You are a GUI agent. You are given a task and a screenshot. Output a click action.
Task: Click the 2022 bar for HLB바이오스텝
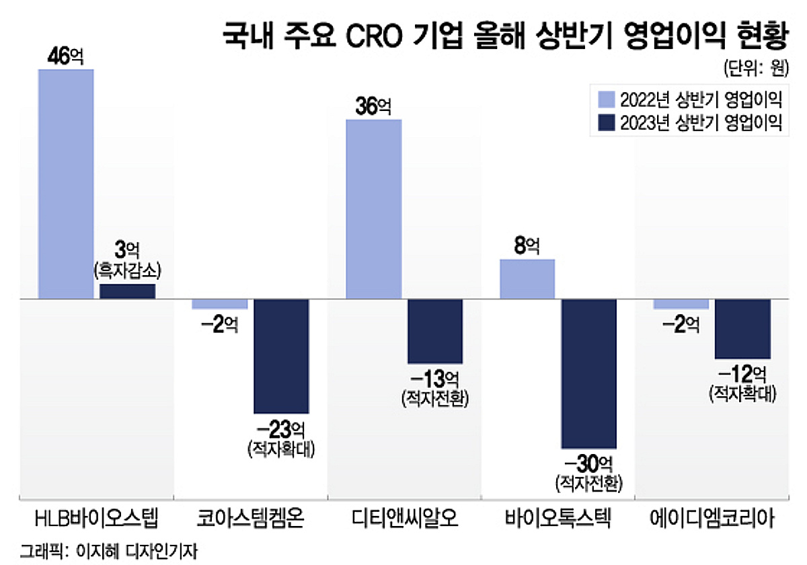pyautogui.click(x=66, y=184)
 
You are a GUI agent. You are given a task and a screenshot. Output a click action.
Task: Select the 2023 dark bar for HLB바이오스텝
pyautogui.click(x=127, y=291)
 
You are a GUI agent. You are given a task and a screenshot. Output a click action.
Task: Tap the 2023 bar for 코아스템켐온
pyautogui.click(x=281, y=356)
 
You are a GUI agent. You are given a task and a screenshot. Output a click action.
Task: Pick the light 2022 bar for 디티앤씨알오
pyautogui.click(x=373, y=209)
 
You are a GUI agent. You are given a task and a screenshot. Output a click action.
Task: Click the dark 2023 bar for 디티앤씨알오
pyautogui.click(x=435, y=331)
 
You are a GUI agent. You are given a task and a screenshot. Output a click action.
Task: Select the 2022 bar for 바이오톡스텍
pyautogui.click(x=527, y=278)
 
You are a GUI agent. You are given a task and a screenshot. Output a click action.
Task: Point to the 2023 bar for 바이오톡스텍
pyautogui.click(x=588, y=373)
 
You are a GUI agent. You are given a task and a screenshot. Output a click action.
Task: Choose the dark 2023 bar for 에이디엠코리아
pyautogui.click(x=742, y=328)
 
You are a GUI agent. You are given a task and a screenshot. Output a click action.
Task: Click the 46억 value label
pyautogui.click(x=65, y=57)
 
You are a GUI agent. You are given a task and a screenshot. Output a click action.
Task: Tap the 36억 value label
pyautogui.click(x=373, y=106)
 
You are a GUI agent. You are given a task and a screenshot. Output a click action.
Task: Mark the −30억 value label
pyautogui.click(x=588, y=463)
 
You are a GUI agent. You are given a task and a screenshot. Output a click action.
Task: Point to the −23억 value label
pyautogui.click(x=281, y=428)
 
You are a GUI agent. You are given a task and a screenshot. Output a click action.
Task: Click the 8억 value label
pyautogui.click(x=527, y=246)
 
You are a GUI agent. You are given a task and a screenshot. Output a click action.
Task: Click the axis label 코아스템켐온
pyautogui.click(x=250, y=520)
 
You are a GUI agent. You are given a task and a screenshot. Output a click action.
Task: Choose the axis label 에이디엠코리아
pyautogui.click(x=712, y=520)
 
